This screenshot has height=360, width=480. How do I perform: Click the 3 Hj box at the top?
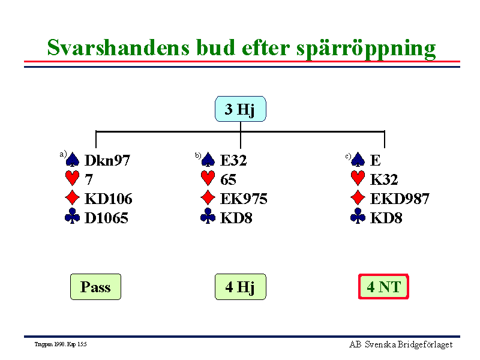point(241,109)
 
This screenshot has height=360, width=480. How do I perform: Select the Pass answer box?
point(95,287)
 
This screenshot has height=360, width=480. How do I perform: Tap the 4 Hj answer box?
point(241,287)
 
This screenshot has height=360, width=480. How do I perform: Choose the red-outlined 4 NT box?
point(383,287)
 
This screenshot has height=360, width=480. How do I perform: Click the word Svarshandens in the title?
point(118,48)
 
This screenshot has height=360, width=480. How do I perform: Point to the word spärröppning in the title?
point(366,49)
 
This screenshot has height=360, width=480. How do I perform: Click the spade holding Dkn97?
point(107,160)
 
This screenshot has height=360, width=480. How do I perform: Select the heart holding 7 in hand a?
point(89,179)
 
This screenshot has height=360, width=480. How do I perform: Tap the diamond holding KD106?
point(109,199)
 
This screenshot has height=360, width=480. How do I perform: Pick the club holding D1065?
point(106,218)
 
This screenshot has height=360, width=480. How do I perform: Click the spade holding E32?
point(233,160)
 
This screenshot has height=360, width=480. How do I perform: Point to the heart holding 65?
point(228,179)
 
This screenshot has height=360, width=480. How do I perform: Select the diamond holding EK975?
point(244,199)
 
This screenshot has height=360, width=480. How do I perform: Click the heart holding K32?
point(384,179)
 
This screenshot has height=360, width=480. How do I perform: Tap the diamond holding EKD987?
point(400,199)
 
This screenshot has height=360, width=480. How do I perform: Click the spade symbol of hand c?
point(358,160)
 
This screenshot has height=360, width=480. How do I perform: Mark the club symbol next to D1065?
point(72,216)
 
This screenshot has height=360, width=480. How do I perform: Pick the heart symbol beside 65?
point(208,178)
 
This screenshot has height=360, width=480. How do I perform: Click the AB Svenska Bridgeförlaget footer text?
point(401,344)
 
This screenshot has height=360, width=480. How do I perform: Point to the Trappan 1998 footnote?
point(61,344)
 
